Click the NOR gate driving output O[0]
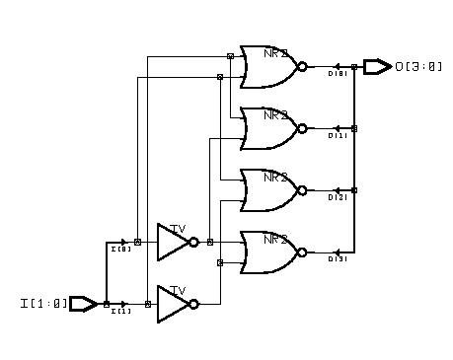point(268,66)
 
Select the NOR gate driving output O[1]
point(268,127)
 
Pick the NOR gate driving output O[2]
point(268,189)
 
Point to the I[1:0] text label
point(43,304)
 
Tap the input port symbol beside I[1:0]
point(83,304)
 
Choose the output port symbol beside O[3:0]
point(377,66)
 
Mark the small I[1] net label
point(121,312)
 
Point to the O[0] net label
point(337,74)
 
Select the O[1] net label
point(337,136)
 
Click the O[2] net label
point(337,198)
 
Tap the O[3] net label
point(337,259)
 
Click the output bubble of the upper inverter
point(194,242)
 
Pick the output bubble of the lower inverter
point(194,304)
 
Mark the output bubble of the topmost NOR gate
point(302,66)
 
